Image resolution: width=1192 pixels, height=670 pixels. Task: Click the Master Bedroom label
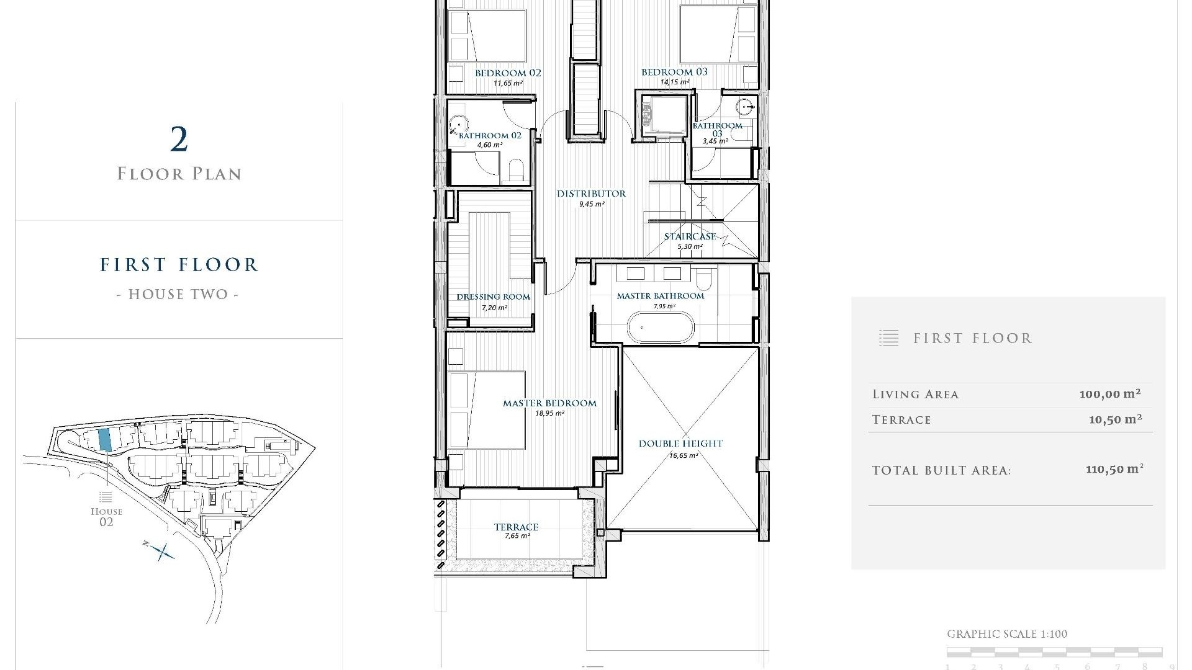tap(549, 403)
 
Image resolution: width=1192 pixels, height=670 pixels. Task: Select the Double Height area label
tap(680, 444)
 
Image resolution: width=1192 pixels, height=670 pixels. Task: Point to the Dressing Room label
tap(493, 297)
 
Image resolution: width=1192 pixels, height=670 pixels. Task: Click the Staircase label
tap(690, 237)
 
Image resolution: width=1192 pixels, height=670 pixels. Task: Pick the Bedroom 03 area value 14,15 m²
tap(675, 82)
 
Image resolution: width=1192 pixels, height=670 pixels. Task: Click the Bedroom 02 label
tap(508, 73)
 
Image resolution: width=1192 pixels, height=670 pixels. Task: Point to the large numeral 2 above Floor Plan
tap(179, 140)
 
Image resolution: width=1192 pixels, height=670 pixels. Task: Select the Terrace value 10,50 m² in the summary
tap(1115, 419)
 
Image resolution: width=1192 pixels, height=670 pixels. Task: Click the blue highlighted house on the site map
tap(105, 439)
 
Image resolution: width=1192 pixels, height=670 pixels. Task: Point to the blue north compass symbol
tap(163, 551)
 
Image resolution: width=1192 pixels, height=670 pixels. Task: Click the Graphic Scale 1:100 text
tap(1007, 634)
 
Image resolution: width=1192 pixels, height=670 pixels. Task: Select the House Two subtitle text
tap(178, 294)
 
